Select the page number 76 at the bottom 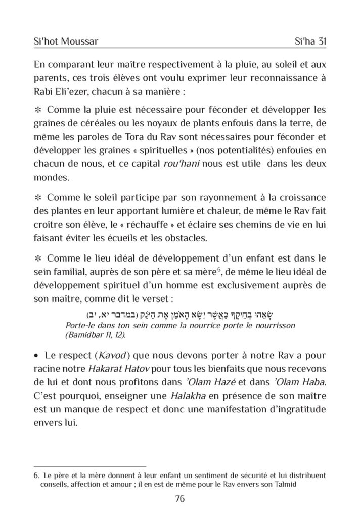(179, 498)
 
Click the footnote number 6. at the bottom (36, 475)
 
